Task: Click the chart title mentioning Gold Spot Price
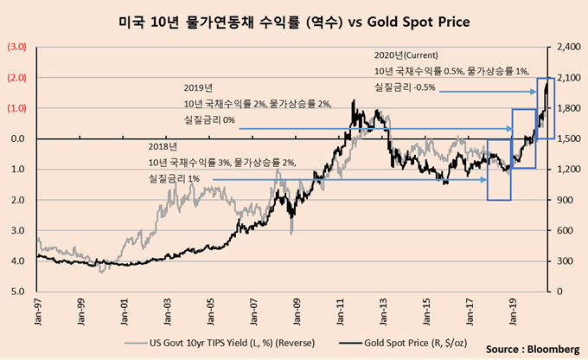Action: point(294,19)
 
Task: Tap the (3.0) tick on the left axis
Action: point(17,47)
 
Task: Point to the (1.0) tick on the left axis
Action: point(17,108)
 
